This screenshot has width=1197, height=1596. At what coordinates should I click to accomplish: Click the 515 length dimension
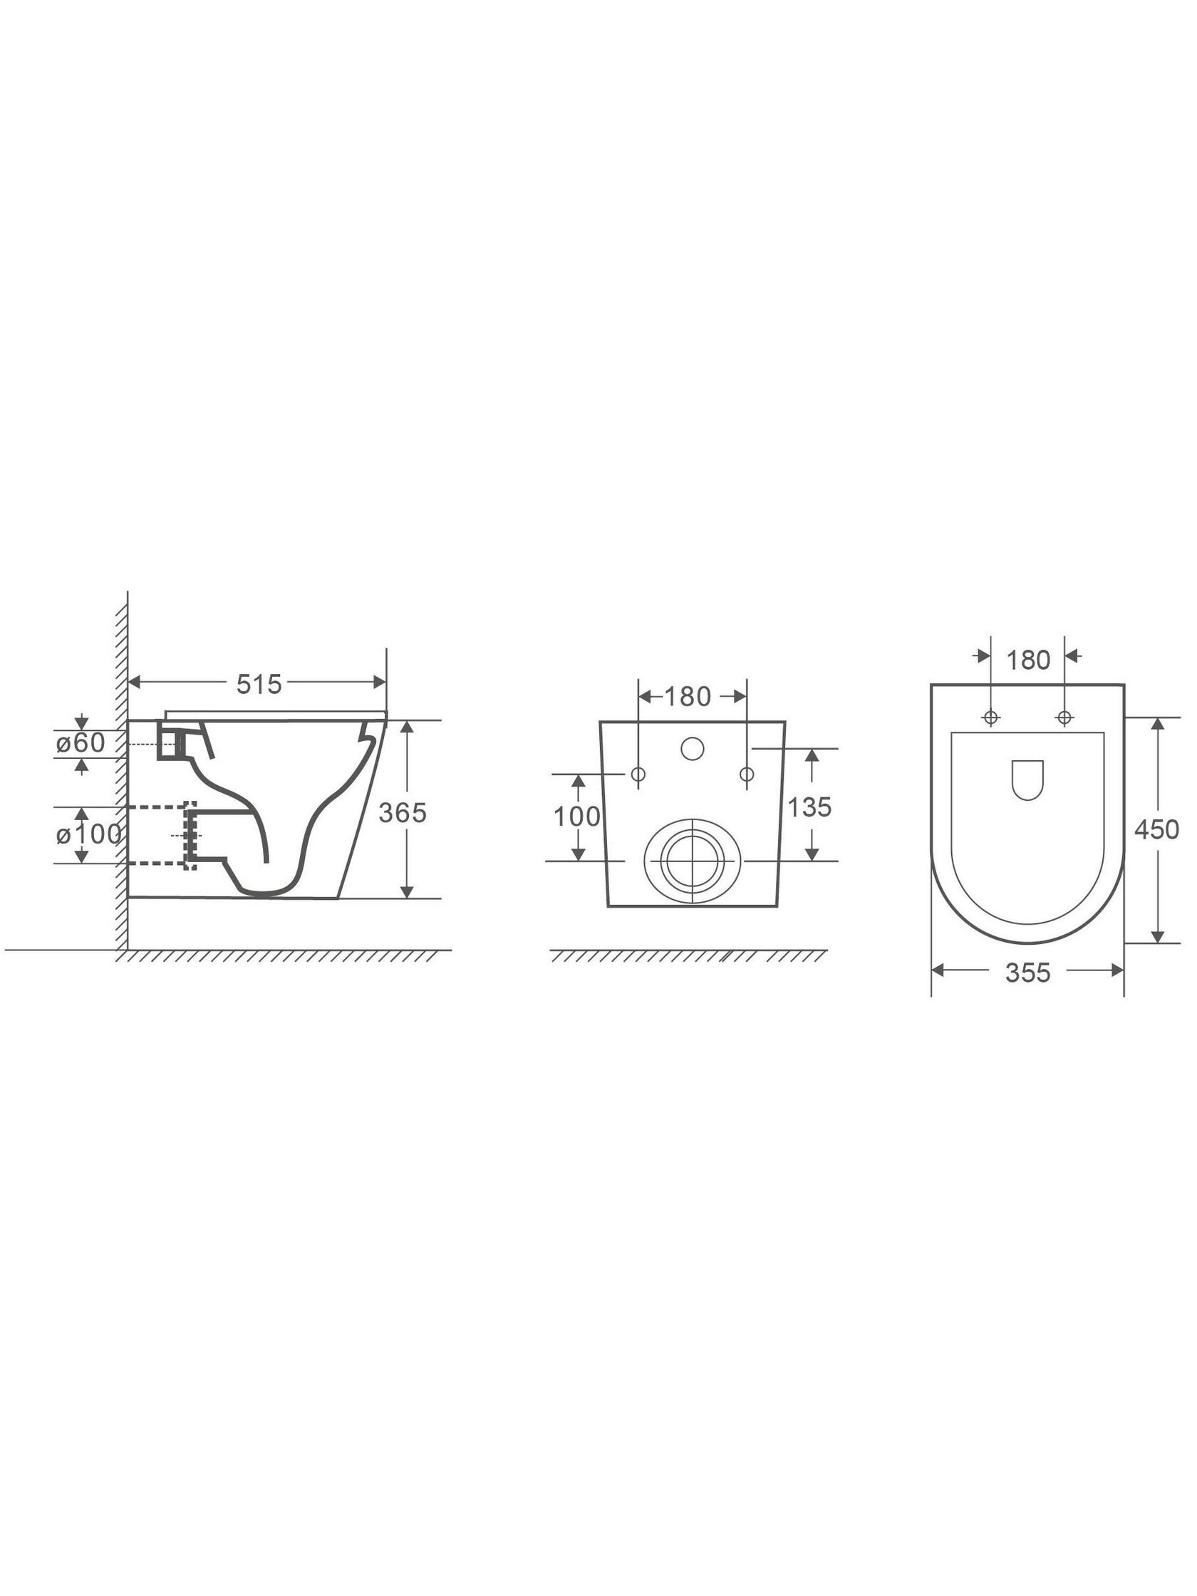(259, 684)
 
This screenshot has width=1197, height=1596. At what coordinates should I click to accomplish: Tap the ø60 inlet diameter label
(81, 742)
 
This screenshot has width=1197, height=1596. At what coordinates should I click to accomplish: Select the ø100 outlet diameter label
(88, 835)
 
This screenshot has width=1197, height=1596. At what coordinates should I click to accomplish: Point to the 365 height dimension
(403, 812)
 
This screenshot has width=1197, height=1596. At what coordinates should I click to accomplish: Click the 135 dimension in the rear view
(809, 807)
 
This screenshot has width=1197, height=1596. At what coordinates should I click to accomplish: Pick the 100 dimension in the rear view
(577, 817)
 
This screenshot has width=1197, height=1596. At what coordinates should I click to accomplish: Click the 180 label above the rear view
(688, 696)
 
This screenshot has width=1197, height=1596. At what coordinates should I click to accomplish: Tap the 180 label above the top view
(1027, 660)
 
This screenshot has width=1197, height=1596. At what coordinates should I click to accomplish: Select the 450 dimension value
(1156, 830)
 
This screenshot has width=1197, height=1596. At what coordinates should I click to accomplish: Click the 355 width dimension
(1028, 973)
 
